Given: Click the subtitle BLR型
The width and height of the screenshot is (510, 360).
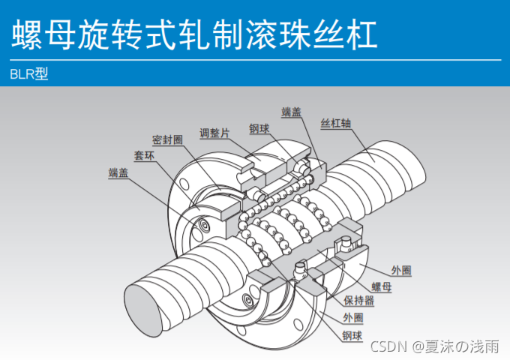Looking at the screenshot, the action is pyautogui.click(x=29, y=75).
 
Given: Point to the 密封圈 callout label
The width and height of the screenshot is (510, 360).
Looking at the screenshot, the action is pyautogui.click(x=167, y=140).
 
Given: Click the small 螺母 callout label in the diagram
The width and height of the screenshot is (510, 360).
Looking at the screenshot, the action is pyautogui.click(x=381, y=286).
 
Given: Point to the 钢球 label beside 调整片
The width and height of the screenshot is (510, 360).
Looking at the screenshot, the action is pyautogui.click(x=259, y=129).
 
